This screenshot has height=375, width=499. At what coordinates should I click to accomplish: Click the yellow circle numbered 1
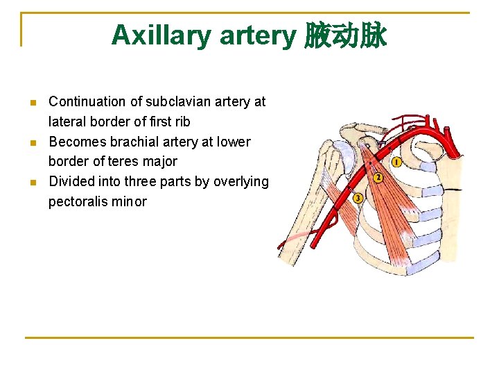[396, 162]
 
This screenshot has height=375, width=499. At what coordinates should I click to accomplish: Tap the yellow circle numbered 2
[378, 178]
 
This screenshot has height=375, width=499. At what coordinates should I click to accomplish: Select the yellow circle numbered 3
[358, 198]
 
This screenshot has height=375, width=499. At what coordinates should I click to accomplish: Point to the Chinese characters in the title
[345, 35]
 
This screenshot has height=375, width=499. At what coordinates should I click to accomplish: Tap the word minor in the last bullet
[131, 202]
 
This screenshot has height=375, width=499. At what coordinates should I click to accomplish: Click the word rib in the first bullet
[182, 122]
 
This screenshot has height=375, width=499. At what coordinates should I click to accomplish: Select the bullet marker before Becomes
[33, 142]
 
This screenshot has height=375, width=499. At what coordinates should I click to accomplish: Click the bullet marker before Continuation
[33, 102]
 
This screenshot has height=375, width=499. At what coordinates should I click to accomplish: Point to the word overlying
[240, 182]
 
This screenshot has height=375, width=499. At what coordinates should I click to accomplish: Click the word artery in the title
[258, 35]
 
